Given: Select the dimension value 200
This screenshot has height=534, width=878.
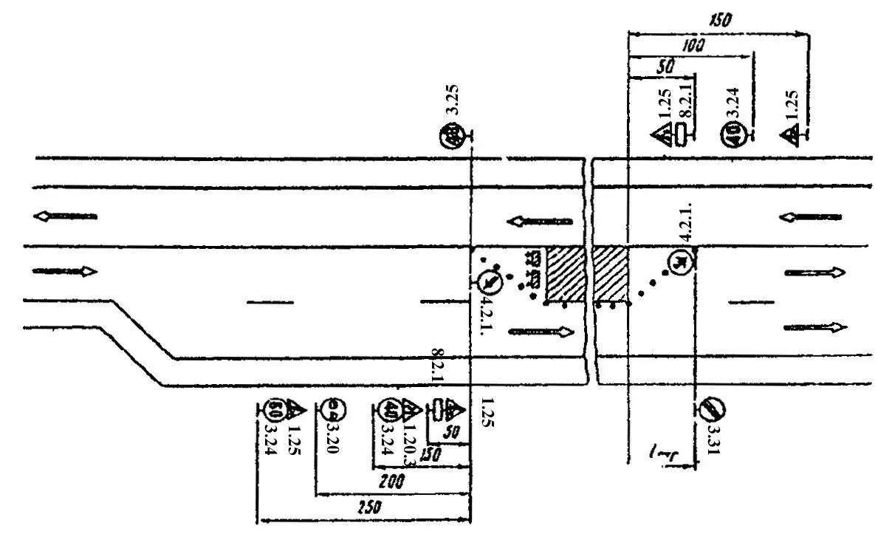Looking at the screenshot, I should click(x=392, y=482).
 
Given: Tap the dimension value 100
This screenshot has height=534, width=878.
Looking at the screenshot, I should click(x=693, y=46).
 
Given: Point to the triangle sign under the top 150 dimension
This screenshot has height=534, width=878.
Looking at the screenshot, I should click(x=791, y=135).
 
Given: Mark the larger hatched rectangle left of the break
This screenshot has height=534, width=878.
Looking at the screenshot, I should click(x=565, y=274).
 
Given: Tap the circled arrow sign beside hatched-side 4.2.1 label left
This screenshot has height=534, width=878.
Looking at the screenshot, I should click(x=489, y=281).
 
